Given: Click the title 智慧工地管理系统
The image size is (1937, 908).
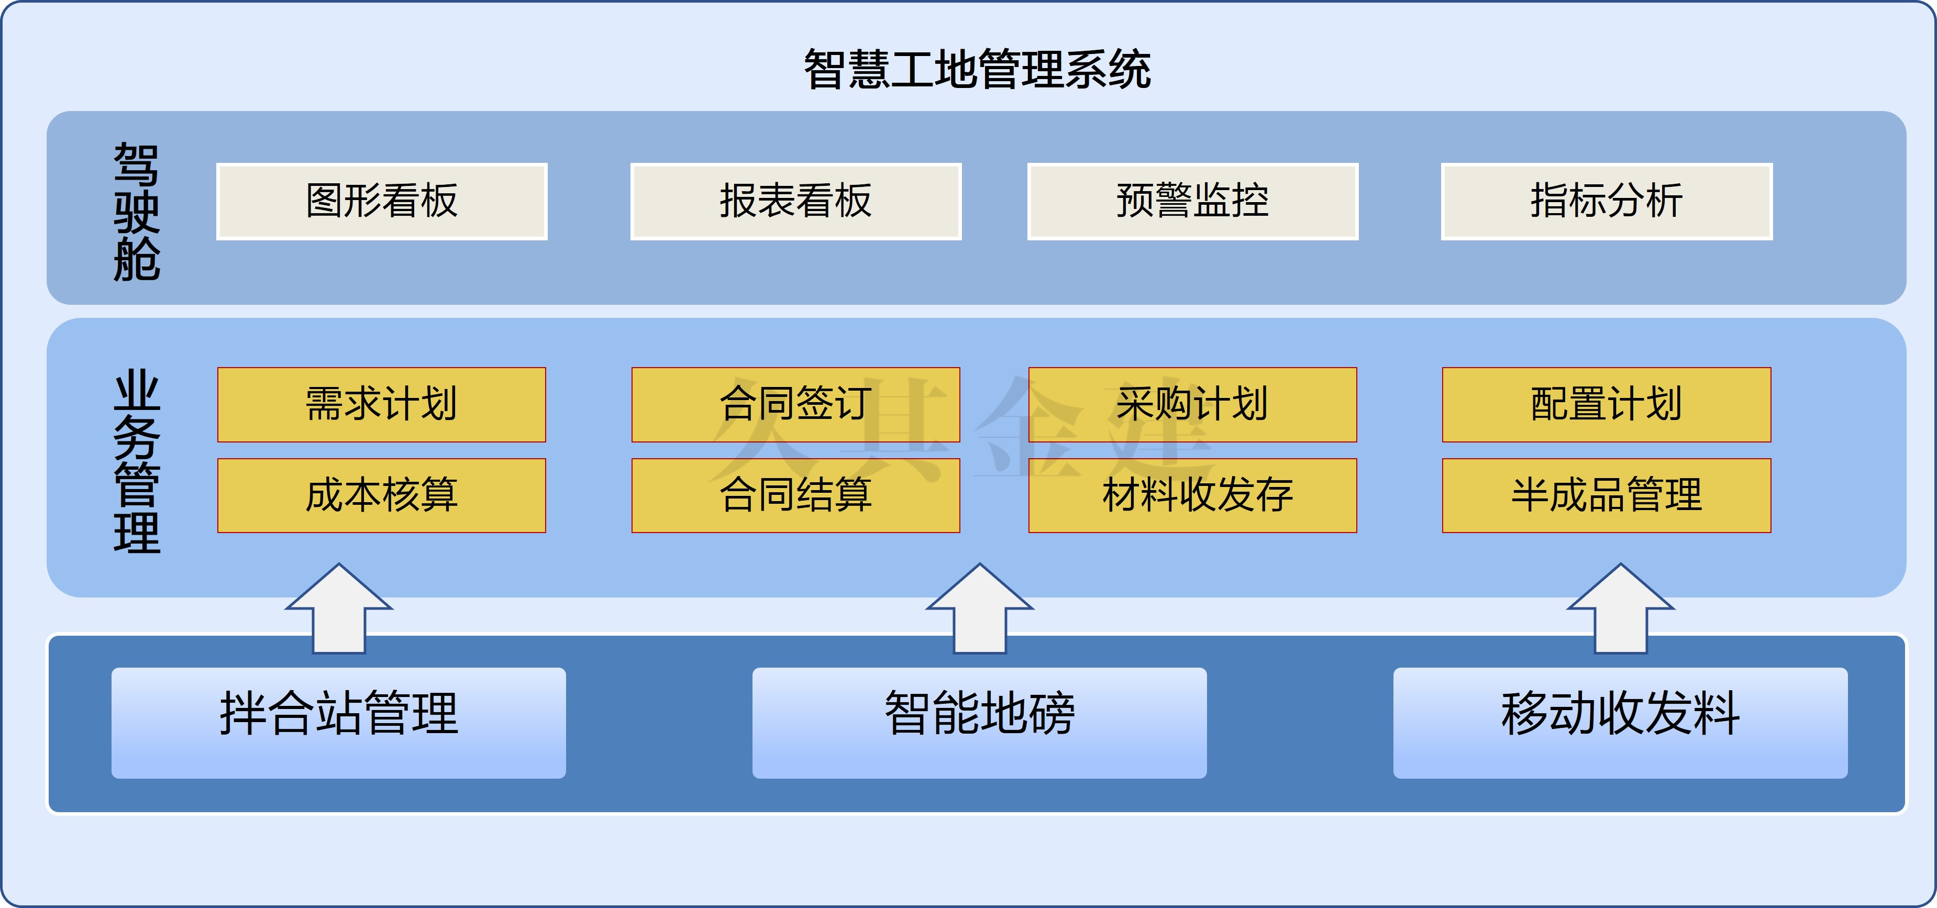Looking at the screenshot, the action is (977, 69).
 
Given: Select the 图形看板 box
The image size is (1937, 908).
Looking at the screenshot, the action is (382, 202).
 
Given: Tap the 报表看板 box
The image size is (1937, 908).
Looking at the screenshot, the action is (795, 202).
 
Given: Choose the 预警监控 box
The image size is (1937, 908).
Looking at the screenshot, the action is (1192, 202).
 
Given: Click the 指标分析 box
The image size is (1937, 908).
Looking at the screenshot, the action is (1607, 202).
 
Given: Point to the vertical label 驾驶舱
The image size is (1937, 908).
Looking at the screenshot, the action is (136, 212).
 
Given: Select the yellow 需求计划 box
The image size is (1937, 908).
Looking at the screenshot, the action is (382, 404).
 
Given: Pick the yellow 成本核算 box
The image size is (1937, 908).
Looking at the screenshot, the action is (382, 495).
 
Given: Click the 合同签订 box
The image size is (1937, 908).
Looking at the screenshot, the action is (795, 404).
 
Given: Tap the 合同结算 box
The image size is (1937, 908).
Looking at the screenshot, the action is (795, 495).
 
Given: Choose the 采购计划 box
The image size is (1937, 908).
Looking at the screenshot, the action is (1192, 404).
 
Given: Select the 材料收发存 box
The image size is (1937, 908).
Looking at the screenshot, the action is (1192, 495).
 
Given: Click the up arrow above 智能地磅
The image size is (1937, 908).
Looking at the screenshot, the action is (980, 609).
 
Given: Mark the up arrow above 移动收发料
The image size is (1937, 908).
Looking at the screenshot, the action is (1620, 609).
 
